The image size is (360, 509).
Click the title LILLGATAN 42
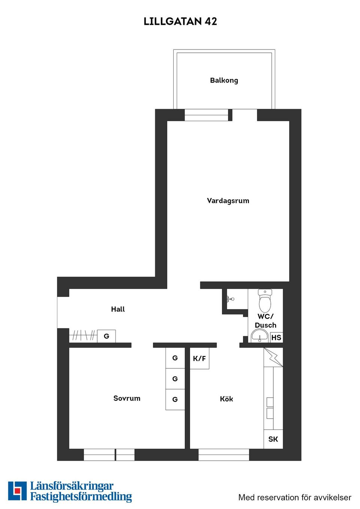coord(180,21)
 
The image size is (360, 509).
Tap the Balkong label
coord(224,80)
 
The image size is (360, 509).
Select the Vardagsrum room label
coord(228,201)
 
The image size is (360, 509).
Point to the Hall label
coord(118,309)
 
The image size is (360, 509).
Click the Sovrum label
coord(127,398)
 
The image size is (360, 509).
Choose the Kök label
coord(226,399)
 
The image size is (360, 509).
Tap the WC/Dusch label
coord(265,321)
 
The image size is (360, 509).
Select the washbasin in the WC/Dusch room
coord(259,336)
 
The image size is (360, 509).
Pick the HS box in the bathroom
coord(276,337)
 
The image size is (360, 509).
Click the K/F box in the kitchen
coord(199,358)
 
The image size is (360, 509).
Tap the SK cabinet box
coord(273,439)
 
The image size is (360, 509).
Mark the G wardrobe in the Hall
coord(106,336)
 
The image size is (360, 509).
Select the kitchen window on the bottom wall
coord(223,455)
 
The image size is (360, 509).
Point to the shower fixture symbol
coord(229,299)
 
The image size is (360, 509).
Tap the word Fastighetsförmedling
coord(81,497)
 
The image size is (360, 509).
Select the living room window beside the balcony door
coord(206,115)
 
